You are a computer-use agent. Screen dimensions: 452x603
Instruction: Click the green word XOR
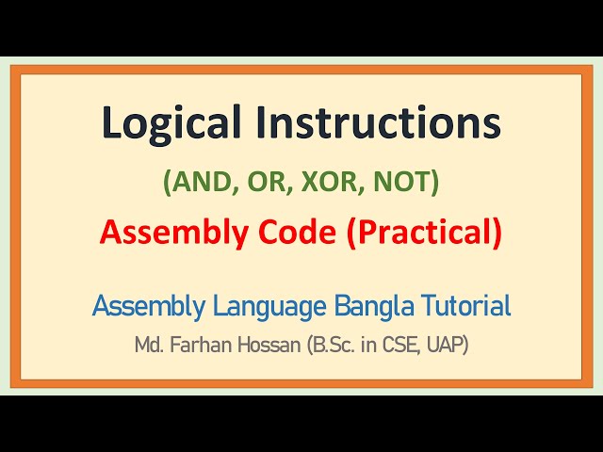[x=327, y=183]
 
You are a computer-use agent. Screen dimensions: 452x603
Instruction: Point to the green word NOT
[x=401, y=183]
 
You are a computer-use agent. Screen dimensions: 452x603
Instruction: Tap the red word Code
[x=294, y=234]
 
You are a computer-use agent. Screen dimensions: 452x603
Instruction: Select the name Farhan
[x=198, y=346]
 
